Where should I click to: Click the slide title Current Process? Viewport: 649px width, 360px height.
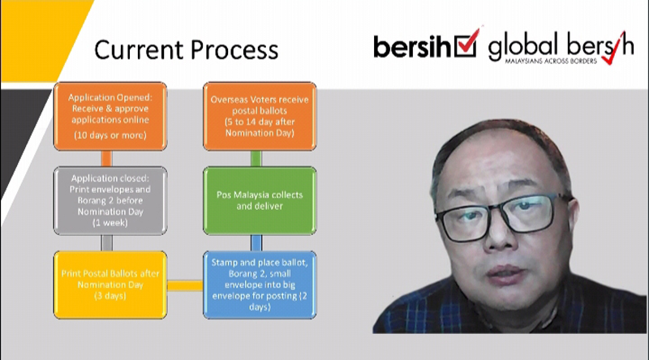[186, 50]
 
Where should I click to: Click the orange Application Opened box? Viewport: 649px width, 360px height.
[110, 116]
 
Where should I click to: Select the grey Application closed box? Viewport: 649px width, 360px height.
[110, 201]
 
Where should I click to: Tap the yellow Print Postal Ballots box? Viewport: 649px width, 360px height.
[110, 285]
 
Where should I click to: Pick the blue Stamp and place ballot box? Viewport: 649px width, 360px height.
[260, 285]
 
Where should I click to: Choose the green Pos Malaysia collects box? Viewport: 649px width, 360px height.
[260, 201]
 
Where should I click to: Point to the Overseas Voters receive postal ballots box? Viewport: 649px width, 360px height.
[260, 116]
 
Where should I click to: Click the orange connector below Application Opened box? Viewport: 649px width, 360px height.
[107, 158]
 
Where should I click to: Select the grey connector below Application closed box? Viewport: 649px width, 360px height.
[107, 243]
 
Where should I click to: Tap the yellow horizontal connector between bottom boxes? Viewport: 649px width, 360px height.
[185, 285]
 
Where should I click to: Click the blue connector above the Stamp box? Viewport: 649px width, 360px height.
[256, 243]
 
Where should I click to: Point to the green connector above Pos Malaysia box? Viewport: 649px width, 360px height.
[256, 158]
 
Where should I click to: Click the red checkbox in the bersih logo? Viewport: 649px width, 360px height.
[466, 44]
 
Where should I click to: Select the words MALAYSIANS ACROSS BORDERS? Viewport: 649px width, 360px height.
[551, 62]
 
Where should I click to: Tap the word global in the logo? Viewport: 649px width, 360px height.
[523, 46]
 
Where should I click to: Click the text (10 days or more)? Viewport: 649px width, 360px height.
[110, 135]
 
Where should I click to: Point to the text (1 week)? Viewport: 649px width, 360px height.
[110, 223]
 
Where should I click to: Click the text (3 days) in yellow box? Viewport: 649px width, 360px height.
[110, 296]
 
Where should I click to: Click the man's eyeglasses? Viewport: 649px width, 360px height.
[503, 216]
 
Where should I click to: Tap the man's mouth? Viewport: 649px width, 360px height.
[505, 275]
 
